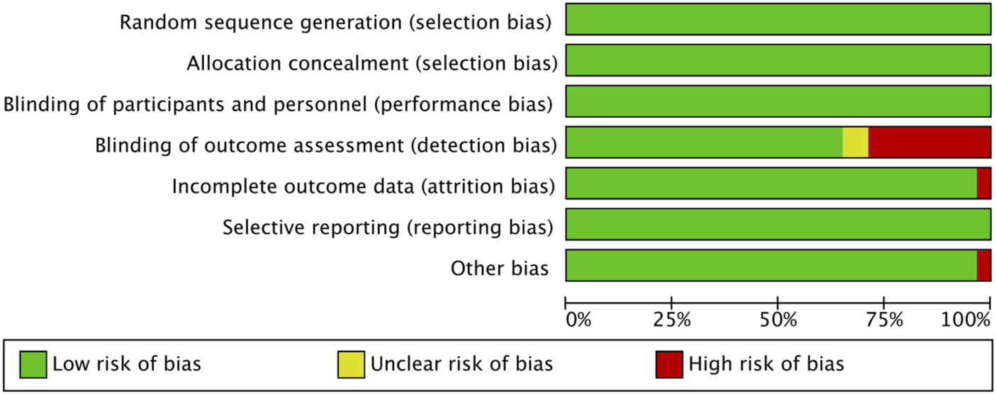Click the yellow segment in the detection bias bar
coord(855,142)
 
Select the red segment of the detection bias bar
coord(929,142)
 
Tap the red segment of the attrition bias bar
coord(983,184)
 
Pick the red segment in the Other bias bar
coord(983,266)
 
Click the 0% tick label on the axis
coord(578,320)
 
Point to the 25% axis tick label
coord(672,320)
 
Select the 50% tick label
coord(778,320)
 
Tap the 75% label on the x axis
coord(885,320)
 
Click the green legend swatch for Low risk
coord(33,364)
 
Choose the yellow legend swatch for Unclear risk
coord(351,364)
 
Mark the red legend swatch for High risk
coord(669,364)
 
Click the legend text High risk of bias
coord(766,364)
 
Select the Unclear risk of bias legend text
coord(461,364)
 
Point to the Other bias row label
coord(500,269)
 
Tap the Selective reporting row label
coord(387,227)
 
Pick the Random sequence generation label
coord(335,23)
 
